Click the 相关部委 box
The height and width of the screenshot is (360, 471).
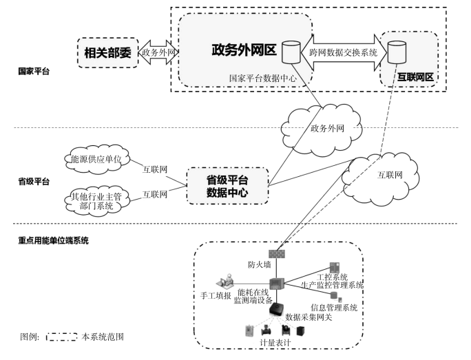point(108,53)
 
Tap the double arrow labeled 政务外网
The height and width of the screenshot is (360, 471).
point(158,52)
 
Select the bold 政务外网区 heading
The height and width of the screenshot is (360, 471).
point(244,50)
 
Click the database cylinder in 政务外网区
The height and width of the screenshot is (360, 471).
point(291,52)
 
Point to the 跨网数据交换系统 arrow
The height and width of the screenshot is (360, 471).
point(344,52)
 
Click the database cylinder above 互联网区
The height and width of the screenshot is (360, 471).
point(397,52)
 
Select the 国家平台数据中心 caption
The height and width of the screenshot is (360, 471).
point(263,78)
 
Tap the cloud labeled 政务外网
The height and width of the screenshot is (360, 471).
point(322,129)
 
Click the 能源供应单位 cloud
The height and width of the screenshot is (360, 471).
point(96,159)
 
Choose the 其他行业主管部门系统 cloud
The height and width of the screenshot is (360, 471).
point(96,201)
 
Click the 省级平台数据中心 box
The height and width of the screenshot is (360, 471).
point(227,186)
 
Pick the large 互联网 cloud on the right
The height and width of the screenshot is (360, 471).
point(380,179)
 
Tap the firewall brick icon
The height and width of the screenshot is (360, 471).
point(277,254)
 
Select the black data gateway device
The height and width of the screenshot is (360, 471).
point(276,309)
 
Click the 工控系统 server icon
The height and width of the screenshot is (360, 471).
point(335,268)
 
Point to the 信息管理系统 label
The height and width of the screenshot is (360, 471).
point(334,308)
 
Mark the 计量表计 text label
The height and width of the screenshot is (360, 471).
point(275,342)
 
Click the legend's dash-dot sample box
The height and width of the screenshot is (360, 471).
point(62,337)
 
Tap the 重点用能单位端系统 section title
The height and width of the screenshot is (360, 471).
point(53,240)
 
